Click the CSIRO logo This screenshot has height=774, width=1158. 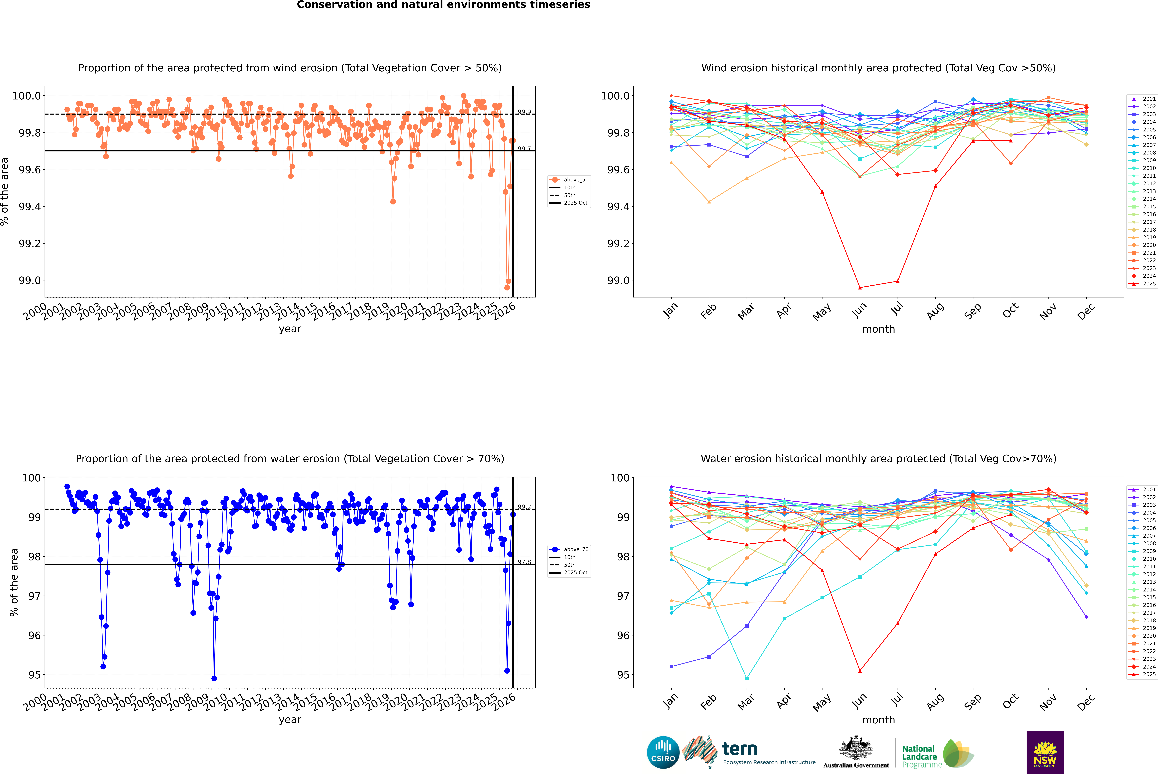tap(663, 752)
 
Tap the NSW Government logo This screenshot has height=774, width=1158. tap(1045, 752)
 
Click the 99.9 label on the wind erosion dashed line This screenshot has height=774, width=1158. tap(524, 112)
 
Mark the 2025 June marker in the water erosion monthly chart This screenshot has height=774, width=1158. tap(860, 671)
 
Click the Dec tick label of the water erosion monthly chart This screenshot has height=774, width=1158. tap(1086, 702)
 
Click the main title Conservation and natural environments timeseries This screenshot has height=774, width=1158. tap(443, 5)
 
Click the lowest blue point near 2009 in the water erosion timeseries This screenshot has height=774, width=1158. tap(214, 678)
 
